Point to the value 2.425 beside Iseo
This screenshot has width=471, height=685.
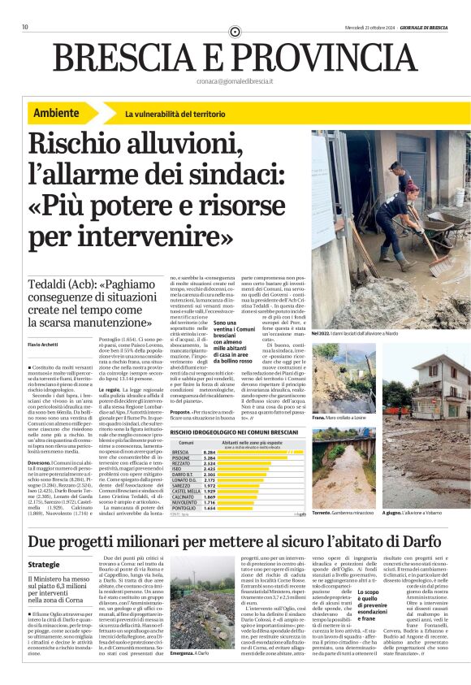[x=209, y=469]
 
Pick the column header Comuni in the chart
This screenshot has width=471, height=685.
[x=186, y=443]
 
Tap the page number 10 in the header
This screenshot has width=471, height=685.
[x=25, y=28]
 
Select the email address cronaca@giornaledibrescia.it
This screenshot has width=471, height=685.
[x=235, y=81]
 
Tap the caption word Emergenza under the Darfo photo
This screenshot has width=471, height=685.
[x=181, y=652]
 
